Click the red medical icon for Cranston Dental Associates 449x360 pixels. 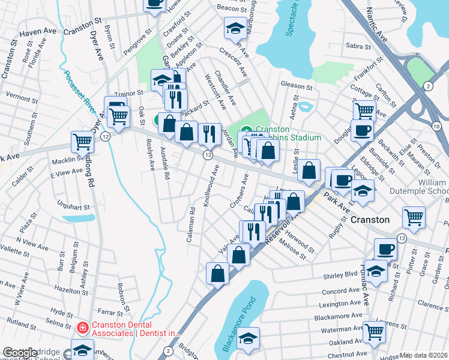[x=83, y=328]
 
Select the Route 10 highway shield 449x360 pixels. [x=436, y=125]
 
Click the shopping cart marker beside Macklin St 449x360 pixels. [x=83, y=142]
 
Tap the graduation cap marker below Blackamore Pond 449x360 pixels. [x=248, y=338]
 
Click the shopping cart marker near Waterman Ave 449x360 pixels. [x=375, y=331]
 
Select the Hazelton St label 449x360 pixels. [x=70, y=289]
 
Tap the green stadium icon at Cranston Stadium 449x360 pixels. [x=247, y=129]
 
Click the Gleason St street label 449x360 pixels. [x=297, y=85]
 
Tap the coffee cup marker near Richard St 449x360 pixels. [x=385, y=249]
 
